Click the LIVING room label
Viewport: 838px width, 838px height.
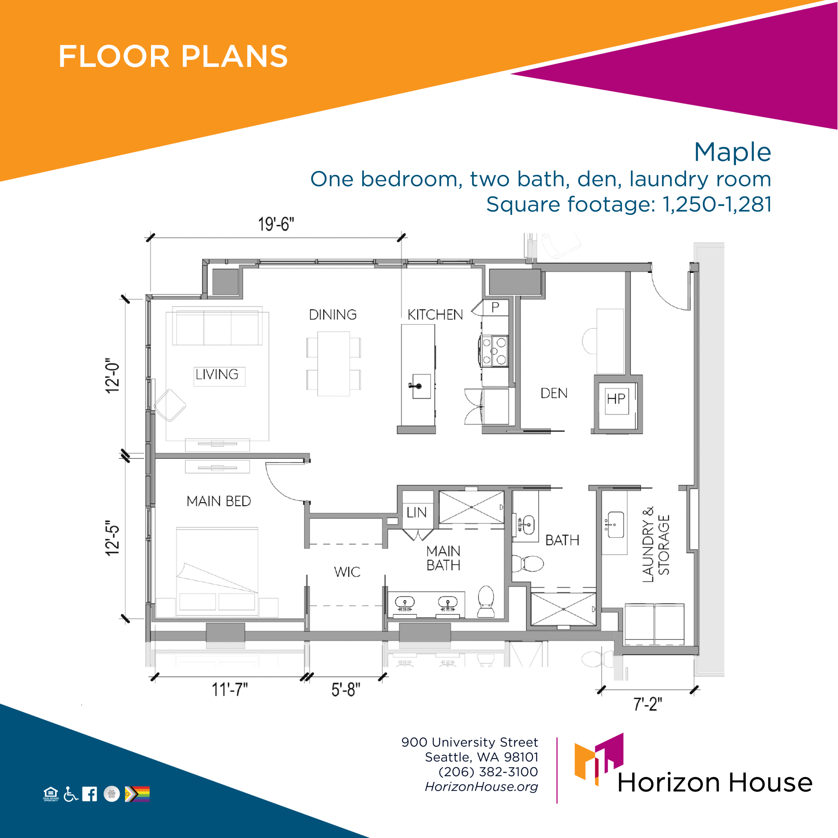pyautogui.click(x=217, y=374)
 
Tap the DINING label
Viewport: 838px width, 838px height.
pyautogui.click(x=333, y=315)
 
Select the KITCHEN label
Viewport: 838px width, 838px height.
pyautogui.click(x=435, y=315)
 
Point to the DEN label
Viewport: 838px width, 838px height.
pyautogui.click(x=554, y=393)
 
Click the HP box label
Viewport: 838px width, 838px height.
pyautogui.click(x=616, y=399)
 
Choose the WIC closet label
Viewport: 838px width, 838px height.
pyautogui.click(x=347, y=572)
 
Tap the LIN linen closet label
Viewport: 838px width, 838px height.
pyautogui.click(x=416, y=512)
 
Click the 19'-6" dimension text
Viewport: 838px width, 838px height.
pyautogui.click(x=276, y=224)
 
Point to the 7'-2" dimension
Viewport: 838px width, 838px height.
pyautogui.click(x=647, y=704)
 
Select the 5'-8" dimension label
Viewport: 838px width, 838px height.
pyautogui.click(x=346, y=689)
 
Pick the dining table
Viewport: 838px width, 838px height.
pyautogui.click(x=334, y=363)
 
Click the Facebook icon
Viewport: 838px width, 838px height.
pyautogui.click(x=89, y=794)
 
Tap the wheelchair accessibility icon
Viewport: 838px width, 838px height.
pyautogui.click(x=71, y=794)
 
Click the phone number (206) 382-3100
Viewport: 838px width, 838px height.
pyautogui.click(x=488, y=772)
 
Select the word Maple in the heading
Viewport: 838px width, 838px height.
pyautogui.click(x=733, y=153)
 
